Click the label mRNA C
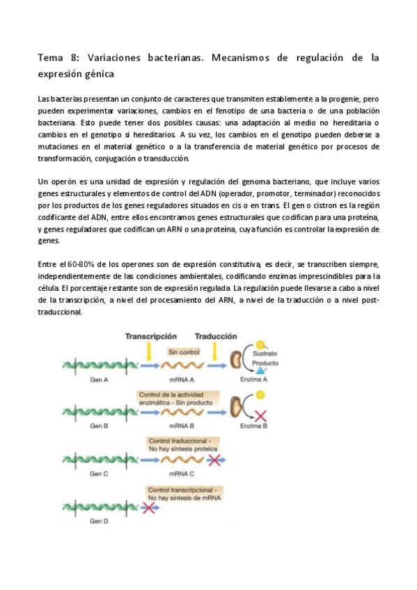tap(182, 473)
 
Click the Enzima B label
tap(254, 425)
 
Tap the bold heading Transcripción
tap(150, 336)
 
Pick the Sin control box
tap(184, 352)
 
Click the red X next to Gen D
tap(149, 508)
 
